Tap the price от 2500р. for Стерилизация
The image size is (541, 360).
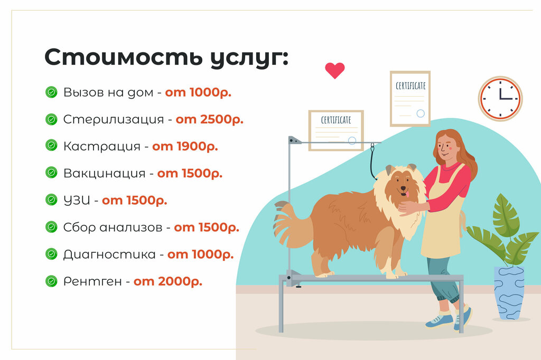pos(210,119)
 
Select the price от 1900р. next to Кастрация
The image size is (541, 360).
pos(185,146)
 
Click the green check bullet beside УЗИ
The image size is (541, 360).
pos(51,200)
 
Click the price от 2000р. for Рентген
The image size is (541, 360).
pos(167,281)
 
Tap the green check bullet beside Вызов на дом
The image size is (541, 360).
pos(51,92)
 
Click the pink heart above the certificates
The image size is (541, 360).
pos(334,70)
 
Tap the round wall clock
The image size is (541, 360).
pos(500,99)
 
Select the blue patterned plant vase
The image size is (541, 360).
pos(509,292)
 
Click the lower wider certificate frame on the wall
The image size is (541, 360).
pos(336,130)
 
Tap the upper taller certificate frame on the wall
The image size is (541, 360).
pos(410,99)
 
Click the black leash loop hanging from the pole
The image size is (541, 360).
pos(372,164)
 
